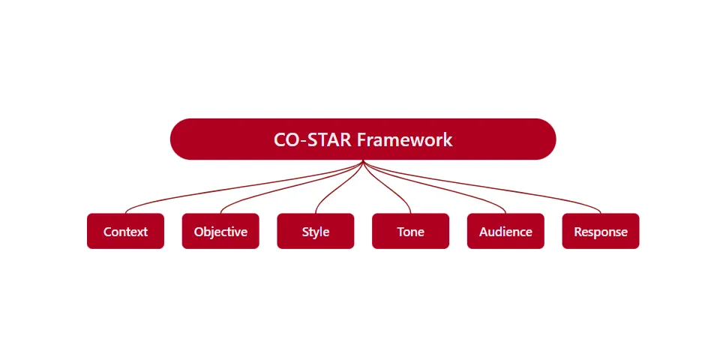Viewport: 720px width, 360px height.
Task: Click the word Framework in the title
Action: [x=404, y=139]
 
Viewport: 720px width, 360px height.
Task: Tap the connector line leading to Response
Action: [x=540, y=194]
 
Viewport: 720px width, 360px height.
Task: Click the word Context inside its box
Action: [x=125, y=232]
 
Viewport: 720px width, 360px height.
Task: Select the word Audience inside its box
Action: [x=505, y=232]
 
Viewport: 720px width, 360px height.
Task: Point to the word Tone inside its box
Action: [x=410, y=232]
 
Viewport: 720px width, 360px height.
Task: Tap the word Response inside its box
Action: [x=601, y=232]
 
